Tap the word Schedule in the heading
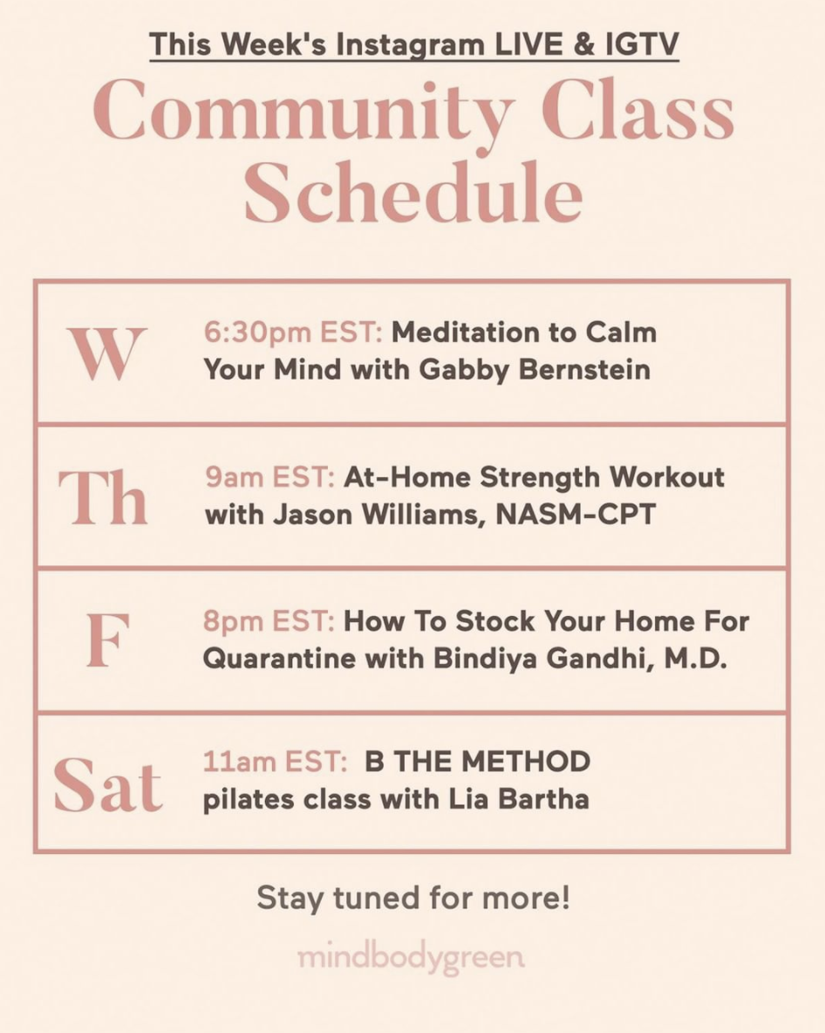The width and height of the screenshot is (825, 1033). click(413, 192)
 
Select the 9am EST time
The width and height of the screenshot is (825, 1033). click(270, 477)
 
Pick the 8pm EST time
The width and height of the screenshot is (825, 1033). click(269, 620)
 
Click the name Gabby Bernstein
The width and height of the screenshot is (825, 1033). click(535, 370)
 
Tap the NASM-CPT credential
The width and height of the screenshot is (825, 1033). click(576, 515)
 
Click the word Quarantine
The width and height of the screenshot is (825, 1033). click(280, 659)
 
